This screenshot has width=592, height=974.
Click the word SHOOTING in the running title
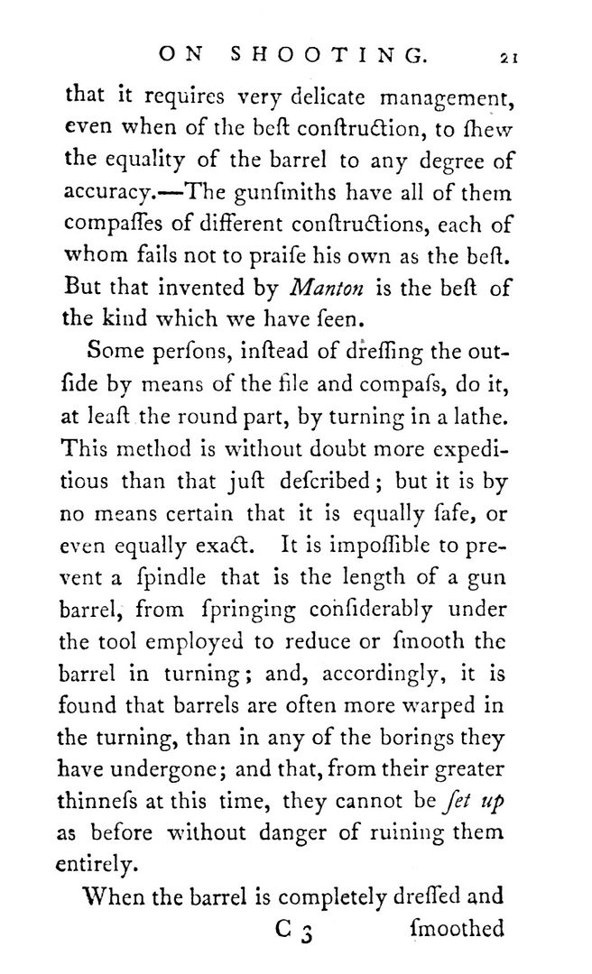pyautogui.click(x=327, y=55)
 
